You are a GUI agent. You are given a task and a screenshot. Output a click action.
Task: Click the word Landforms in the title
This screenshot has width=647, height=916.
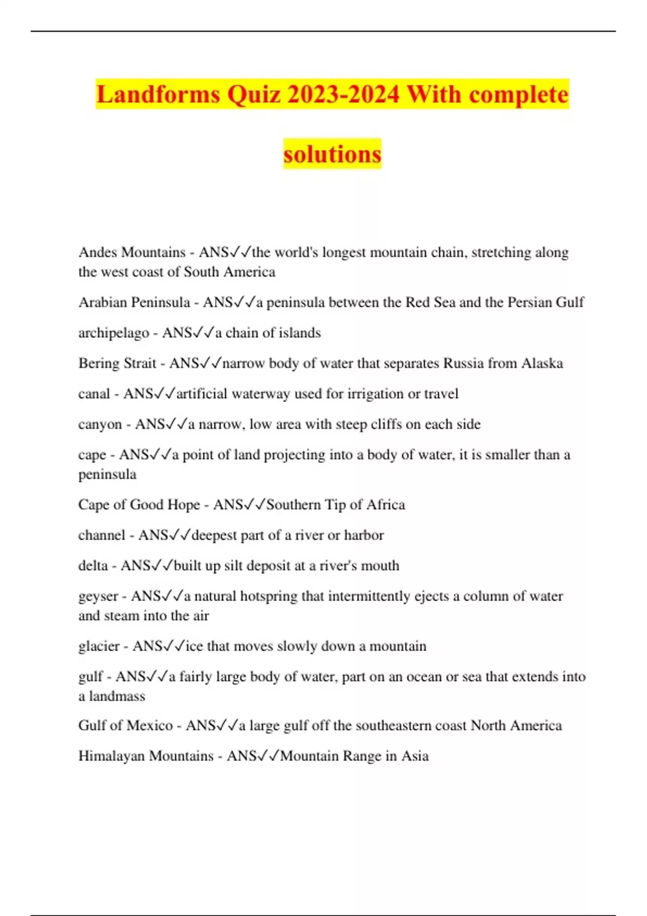pos(159,95)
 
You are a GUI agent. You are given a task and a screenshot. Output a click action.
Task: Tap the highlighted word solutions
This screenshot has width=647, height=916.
pos(332,154)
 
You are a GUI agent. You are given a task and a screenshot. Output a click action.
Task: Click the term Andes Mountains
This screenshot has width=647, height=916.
pos(132,252)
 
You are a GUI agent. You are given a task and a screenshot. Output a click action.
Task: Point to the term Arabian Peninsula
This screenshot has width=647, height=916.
pos(134,302)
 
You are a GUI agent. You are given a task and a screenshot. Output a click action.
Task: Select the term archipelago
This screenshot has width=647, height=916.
pos(113,333)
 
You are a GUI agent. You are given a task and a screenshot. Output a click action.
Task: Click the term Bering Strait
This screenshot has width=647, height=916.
pos(117,363)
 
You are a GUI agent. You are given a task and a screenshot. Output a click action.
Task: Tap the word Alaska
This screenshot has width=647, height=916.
pos(542,363)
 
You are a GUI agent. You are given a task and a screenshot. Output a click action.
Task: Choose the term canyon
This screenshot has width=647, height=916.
pos(100,425)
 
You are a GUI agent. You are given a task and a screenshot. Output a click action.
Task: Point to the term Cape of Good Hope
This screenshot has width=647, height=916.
pos(139,505)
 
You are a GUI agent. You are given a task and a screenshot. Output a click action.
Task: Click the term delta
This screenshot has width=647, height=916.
pos(93,566)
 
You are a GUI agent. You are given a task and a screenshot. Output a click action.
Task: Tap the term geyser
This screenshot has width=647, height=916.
pos(98,596)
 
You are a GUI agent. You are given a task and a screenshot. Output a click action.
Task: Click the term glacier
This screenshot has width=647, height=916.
pos(99,646)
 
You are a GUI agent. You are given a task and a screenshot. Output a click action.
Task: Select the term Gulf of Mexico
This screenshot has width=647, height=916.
pos(125,725)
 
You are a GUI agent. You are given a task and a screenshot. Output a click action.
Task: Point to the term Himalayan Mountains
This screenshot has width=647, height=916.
pos(146,756)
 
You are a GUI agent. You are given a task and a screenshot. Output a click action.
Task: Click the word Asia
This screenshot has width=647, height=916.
pos(415,756)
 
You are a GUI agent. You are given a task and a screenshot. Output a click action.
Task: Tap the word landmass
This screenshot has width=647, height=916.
pos(117,696)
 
